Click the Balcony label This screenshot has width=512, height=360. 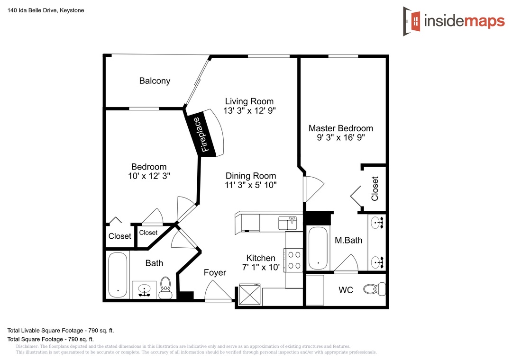click(x=155, y=81)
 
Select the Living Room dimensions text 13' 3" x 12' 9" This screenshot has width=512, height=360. click(x=249, y=111)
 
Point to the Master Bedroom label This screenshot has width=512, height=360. click(x=340, y=128)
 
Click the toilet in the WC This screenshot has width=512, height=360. click(x=375, y=289)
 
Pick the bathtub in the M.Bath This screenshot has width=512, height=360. click(x=318, y=248)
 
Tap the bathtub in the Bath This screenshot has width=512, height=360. click(x=118, y=275)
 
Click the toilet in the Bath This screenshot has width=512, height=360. click(x=165, y=288)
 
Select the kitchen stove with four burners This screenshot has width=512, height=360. click(x=294, y=260)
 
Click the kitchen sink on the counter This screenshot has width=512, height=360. click(x=287, y=223)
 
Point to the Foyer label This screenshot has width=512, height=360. click(x=215, y=272)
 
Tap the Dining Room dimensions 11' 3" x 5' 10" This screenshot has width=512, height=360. click(x=251, y=185)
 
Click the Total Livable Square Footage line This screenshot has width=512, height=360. click(x=61, y=331)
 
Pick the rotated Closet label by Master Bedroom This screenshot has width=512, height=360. click(x=375, y=189)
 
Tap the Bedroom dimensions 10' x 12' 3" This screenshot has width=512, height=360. click(x=149, y=176)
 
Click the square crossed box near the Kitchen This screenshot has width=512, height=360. click(x=250, y=295)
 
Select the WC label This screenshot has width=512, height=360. click(x=346, y=290)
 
